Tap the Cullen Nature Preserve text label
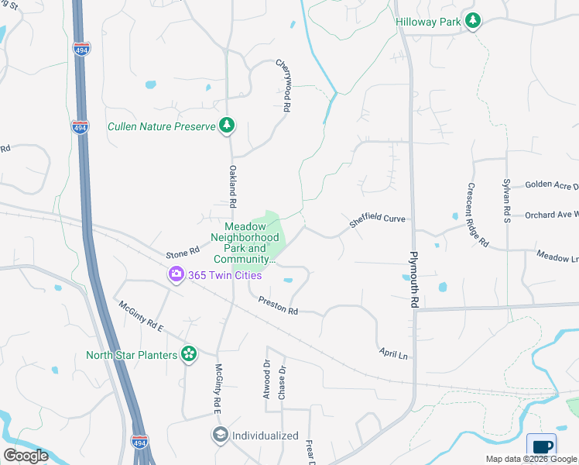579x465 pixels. tap(161, 126)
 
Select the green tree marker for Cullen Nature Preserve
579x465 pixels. tap(226, 125)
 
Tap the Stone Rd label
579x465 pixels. tap(183, 253)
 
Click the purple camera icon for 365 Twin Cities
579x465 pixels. tap(176, 274)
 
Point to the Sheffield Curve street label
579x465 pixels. tap(377, 221)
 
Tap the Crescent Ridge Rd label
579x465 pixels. tap(477, 215)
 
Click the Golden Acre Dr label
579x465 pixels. tap(551, 185)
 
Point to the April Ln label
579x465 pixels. tap(393, 353)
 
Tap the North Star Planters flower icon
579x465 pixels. tap(188, 355)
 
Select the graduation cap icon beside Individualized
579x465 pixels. tap(221, 435)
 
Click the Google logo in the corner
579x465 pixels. tap(26, 456)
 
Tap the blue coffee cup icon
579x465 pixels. tap(543, 447)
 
